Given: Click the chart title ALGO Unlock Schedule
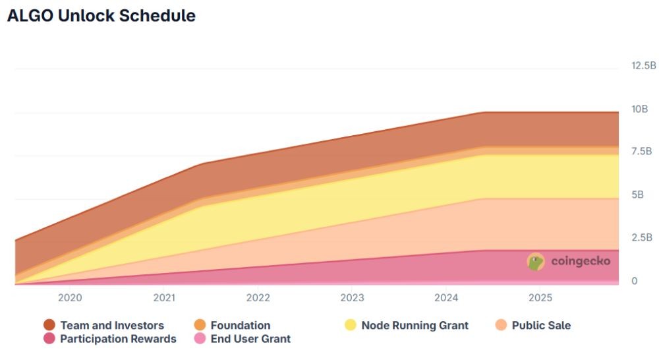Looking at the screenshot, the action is (101, 16).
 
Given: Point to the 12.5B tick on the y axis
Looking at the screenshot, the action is (643, 65).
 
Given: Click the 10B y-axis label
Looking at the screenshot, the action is (640, 109).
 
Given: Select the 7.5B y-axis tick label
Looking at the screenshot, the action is (641, 152).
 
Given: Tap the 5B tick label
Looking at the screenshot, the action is (637, 195).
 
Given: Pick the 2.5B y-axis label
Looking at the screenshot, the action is (642, 237).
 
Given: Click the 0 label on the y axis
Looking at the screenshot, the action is (635, 280).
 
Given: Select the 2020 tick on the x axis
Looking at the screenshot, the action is (70, 298).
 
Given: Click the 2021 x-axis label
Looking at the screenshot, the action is (164, 298).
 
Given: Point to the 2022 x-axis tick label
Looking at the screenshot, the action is (258, 298).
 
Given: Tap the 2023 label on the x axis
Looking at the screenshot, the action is (352, 298).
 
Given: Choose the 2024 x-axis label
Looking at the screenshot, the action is (446, 298).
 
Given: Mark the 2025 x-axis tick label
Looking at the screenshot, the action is (540, 298).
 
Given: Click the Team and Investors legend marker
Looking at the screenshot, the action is (49, 324).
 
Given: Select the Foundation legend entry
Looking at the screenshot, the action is (233, 325).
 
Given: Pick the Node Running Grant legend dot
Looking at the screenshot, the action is (350, 324).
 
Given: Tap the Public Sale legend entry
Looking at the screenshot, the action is (533, 325).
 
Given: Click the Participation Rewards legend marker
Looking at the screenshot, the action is (49, 338).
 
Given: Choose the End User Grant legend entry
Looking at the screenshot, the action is (243, 338).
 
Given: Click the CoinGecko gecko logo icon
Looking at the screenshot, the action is (536, 262).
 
